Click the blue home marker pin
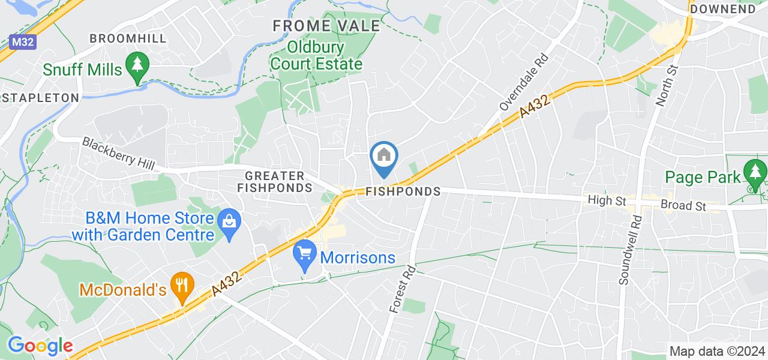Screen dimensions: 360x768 click(x=384, y=157)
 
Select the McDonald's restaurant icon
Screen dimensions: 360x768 click(x=180, y=283)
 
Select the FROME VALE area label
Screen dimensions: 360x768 click(x=326, y=26)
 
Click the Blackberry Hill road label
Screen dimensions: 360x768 click(x=118, y=154)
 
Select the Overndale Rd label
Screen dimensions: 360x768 click(x=524, y=83)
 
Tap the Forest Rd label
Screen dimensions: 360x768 click(x=403, y=289)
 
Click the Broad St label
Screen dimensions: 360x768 click(x=683, y=205)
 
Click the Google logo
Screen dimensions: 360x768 click(x=40, y=346)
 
